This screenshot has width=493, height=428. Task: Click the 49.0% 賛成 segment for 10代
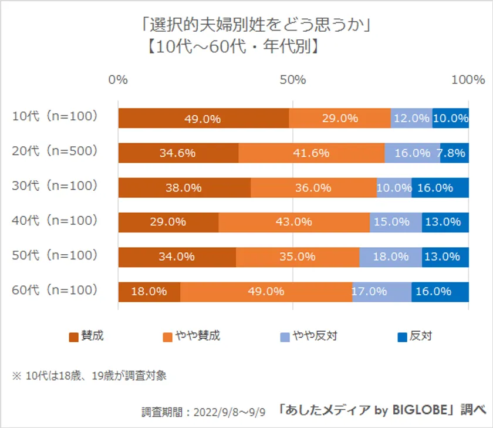(203, 118)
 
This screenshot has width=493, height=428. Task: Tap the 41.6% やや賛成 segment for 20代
(311, 153)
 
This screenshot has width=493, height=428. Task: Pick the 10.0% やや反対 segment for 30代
(394, 188)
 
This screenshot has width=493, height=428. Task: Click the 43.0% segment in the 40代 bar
(294, 223)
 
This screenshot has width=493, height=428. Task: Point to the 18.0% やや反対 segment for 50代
(390, 257)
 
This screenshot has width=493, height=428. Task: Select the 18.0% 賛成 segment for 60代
(149, 292)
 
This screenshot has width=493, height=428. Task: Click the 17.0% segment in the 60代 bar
(381, 292)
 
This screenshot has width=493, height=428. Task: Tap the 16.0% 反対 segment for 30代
(440, 188)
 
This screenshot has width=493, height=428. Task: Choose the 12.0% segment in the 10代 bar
(411, 118)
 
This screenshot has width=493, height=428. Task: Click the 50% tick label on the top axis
(293, 80)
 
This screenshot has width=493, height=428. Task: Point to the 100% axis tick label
(468, 80)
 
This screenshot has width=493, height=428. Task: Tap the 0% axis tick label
(118, 80)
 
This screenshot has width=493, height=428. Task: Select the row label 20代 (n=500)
(54, 151)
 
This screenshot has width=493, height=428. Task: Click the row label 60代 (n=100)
(54, 289)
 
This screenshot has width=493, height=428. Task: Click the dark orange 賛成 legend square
(74, 337)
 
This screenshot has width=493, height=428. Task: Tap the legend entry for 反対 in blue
(415, 336)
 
